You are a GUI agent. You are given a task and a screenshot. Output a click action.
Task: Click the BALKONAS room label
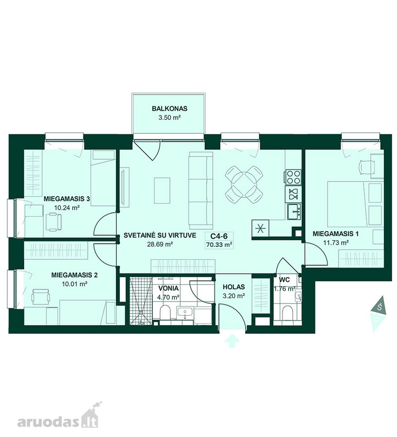click(170, 108)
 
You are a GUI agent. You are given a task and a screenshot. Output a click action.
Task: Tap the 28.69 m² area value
click(160, 244)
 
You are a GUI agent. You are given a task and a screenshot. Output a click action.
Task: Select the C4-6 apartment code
click(219, 236)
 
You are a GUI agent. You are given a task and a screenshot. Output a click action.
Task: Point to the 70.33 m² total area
click(219, 245)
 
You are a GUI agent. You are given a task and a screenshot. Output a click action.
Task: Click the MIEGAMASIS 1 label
click(336, 234)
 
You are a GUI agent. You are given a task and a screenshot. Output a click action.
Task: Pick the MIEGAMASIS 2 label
click(74, 275)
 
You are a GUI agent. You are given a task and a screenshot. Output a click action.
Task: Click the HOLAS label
click(234, 287)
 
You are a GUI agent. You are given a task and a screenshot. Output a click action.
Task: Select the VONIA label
click(168, 288)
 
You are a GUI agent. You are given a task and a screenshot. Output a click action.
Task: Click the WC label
click(284, 280)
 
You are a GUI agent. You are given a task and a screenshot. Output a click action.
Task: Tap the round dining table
click(244, 185)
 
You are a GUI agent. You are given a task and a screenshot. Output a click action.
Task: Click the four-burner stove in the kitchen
click(293, 177)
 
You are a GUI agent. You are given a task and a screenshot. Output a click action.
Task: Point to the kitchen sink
click(294, 211)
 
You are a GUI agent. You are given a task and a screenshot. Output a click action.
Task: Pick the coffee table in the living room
click(162, 191)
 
